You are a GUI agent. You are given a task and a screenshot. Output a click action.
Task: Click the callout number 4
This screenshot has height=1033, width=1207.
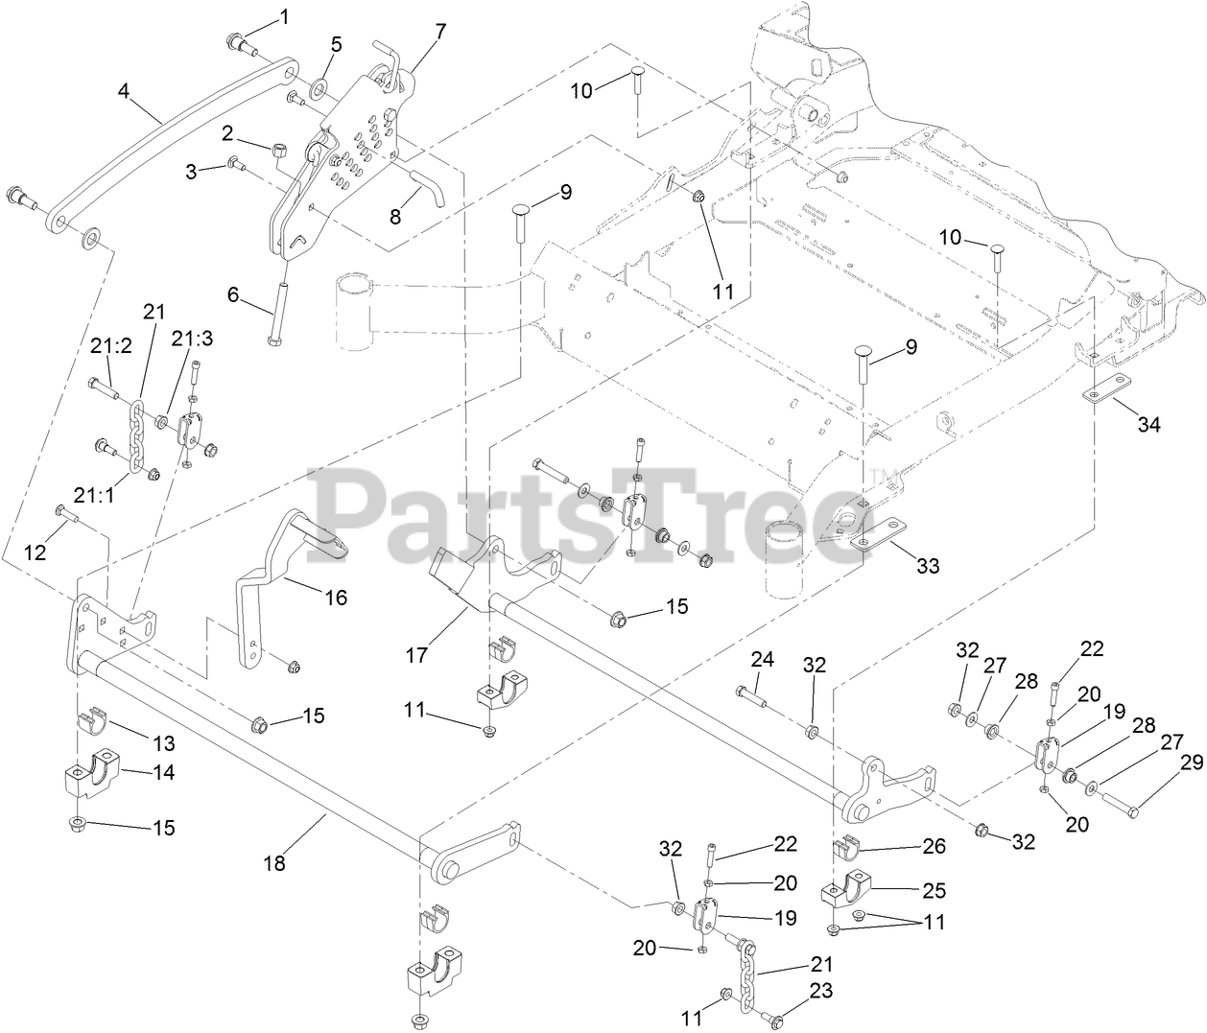[124, 91]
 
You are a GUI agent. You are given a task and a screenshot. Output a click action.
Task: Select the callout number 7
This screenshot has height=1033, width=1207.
[439, 31]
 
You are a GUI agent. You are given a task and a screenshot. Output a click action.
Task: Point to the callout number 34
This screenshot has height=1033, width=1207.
[1148, 424]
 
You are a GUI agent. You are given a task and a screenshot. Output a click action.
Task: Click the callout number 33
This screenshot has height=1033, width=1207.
[927, 566]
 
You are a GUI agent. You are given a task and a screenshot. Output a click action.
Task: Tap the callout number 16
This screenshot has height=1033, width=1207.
[335, 598]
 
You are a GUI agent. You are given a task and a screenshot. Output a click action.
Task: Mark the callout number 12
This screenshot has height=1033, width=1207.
[35, 553]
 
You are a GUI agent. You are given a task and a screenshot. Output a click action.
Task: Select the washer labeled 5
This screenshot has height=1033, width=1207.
[320, 91]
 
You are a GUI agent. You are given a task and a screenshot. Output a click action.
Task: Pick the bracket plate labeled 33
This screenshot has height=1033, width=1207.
[879, 535]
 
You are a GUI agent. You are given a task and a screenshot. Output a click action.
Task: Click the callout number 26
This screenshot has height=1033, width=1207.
[933, 846]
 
